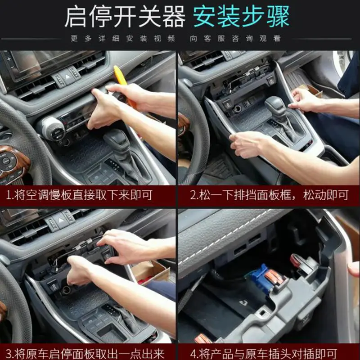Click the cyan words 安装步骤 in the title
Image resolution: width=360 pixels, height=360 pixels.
click(x=242, y=17)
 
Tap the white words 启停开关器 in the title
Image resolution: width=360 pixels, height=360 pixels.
click(x=125, y=17)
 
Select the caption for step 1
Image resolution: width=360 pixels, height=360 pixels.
click(x=87, y=196)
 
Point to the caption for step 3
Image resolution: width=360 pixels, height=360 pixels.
click(x=87, y=351)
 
